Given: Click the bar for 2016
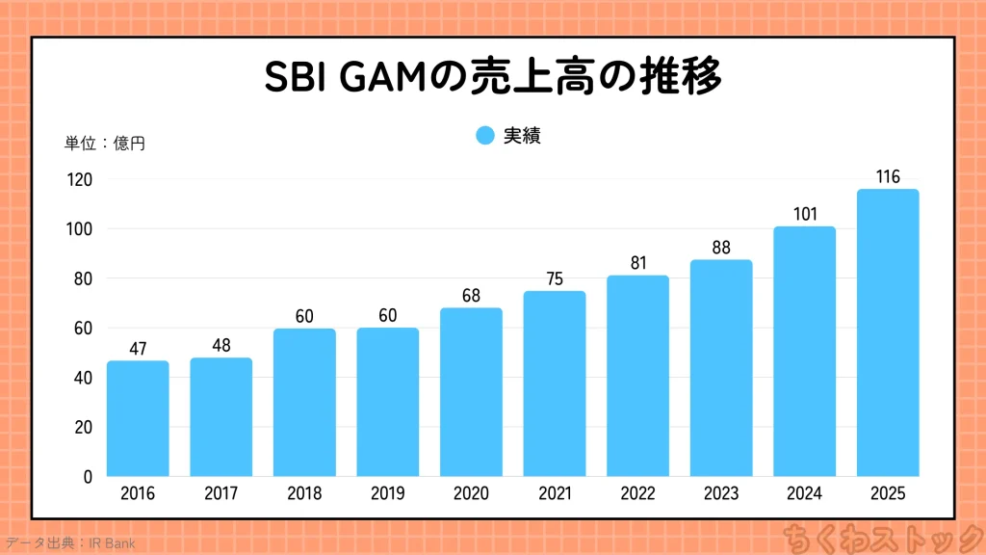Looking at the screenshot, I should click(x=138, y=418).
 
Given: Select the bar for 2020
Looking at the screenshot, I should click(x=471, y=392).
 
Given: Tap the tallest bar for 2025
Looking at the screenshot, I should click(x=888, y=332).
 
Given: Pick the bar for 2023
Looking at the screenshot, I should click(x=721, y=368).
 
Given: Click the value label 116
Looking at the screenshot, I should click(x=888, y=176).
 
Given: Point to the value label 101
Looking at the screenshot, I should click(x=804, y=214).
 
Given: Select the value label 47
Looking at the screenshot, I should click(x=138, y=348).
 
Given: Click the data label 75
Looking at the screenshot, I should click(x=555, y=278).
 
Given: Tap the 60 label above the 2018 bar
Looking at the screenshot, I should click(x=304, y=316).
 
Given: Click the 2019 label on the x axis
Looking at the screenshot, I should click(x=388, y=494).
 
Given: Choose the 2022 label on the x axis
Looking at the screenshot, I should click(x=637, y=494).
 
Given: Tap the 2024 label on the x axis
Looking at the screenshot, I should click(x=804, y=494).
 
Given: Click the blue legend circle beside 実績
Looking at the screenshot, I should click(x=485, y=136).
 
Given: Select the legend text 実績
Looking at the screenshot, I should click(x=522, y=136).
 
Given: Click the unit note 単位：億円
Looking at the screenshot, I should click(x=105, y=144).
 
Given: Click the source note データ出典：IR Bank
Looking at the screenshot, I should click(x=69, y=543).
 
